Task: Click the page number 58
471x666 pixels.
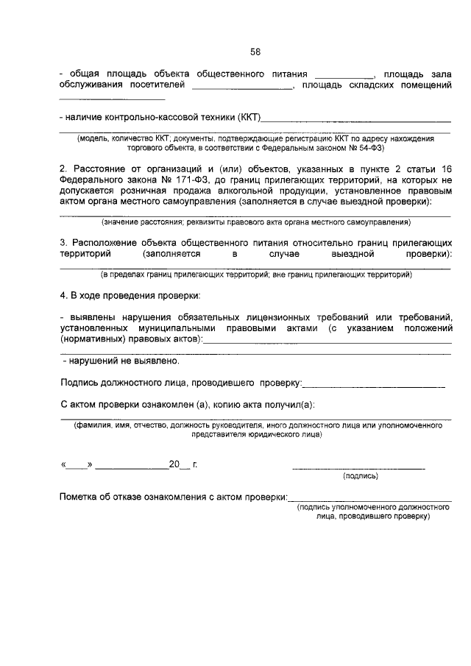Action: tap(255, 52)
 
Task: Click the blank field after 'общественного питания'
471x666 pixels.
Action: tap(344, 76)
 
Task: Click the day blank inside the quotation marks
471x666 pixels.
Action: tap(76, 466)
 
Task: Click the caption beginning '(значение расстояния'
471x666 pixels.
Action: tap(255, 222)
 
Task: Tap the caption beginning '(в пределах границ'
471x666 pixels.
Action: tap(255, 274)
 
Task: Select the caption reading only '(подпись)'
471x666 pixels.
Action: tap(361, 476)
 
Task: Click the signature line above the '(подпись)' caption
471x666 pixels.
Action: tap(358, 468)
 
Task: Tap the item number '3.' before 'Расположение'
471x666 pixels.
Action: tap(63, 243)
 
